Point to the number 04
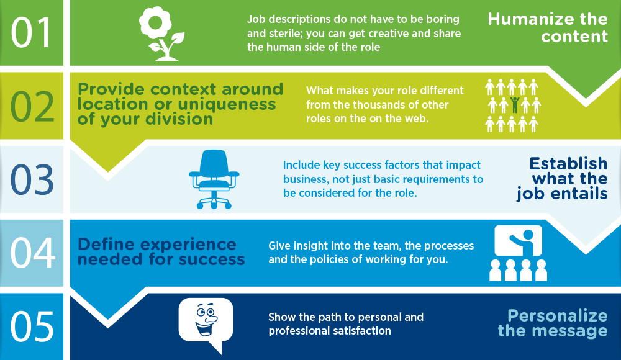click(x=32, y=253)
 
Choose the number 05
click(x=32, y=325)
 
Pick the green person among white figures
click(x=514, y=104)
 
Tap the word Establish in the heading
click(x=568, y=164)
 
